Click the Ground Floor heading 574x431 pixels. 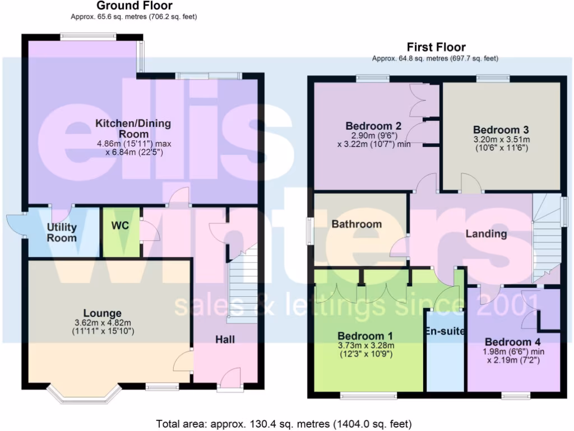(x=135, y=6)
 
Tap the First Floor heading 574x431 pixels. (x=436, y=47)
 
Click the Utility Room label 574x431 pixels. (x=62, y=232)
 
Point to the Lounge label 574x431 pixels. (x=102, y=313)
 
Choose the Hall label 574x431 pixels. (x=225, y=340)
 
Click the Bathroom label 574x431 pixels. (x=357, y=224)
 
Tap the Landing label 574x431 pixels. (x=486, y=233)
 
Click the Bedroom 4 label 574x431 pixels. (x=513, y=342)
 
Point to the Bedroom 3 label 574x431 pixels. (x=501, y=129)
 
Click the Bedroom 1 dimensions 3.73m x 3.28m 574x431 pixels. (x=365, y=346)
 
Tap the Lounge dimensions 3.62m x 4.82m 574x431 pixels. (x=103, y=323)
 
